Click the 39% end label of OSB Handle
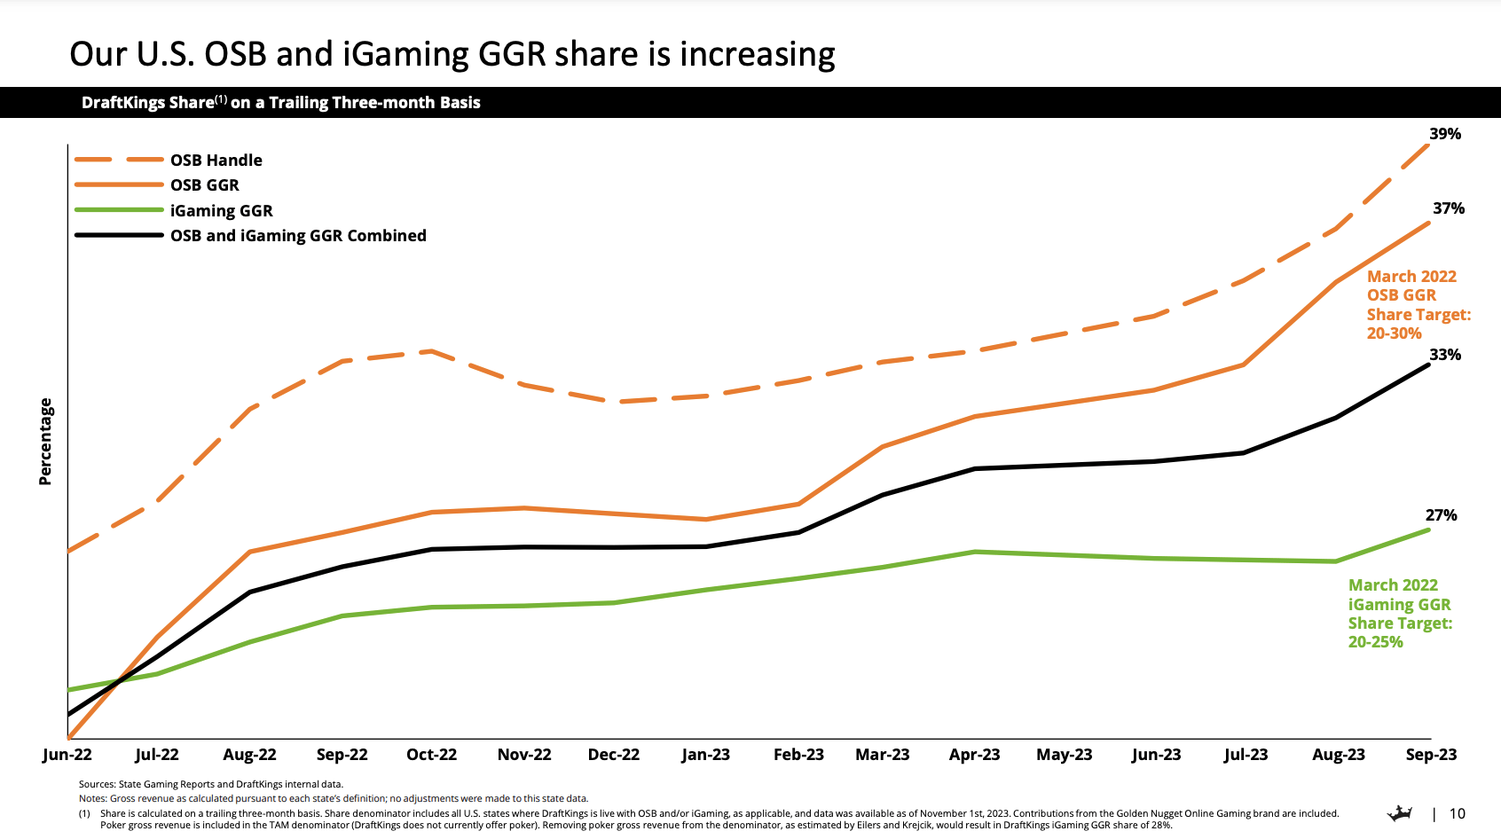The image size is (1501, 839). pos(1444,134)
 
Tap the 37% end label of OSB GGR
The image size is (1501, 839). pos(1448,208)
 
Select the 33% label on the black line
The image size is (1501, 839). pos(1444,355)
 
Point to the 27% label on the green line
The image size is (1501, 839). pos(1441,515)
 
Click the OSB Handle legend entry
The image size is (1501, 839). pos(216,161)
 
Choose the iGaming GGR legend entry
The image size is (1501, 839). pos(221,211)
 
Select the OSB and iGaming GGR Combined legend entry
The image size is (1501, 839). pos(298,236)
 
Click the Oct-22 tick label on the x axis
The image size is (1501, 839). pos(431,755)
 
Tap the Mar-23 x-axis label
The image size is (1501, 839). pos(882,755)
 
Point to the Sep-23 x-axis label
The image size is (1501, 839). pos(1431,755)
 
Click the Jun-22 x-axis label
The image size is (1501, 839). pos(67,755)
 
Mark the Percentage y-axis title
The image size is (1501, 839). pos(45,442)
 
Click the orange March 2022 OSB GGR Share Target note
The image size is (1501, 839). pos(1418,305)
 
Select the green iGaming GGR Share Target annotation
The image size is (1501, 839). pos(1400,614)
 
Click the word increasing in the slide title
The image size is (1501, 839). pos(757,54)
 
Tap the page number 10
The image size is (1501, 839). pos(1457,813)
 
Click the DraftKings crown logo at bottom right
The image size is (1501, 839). pos(1400,813)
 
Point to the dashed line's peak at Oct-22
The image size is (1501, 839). pos(431,351)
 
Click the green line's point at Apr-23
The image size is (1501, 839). pos(974,552)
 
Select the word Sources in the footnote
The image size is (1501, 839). pos(97,784)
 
